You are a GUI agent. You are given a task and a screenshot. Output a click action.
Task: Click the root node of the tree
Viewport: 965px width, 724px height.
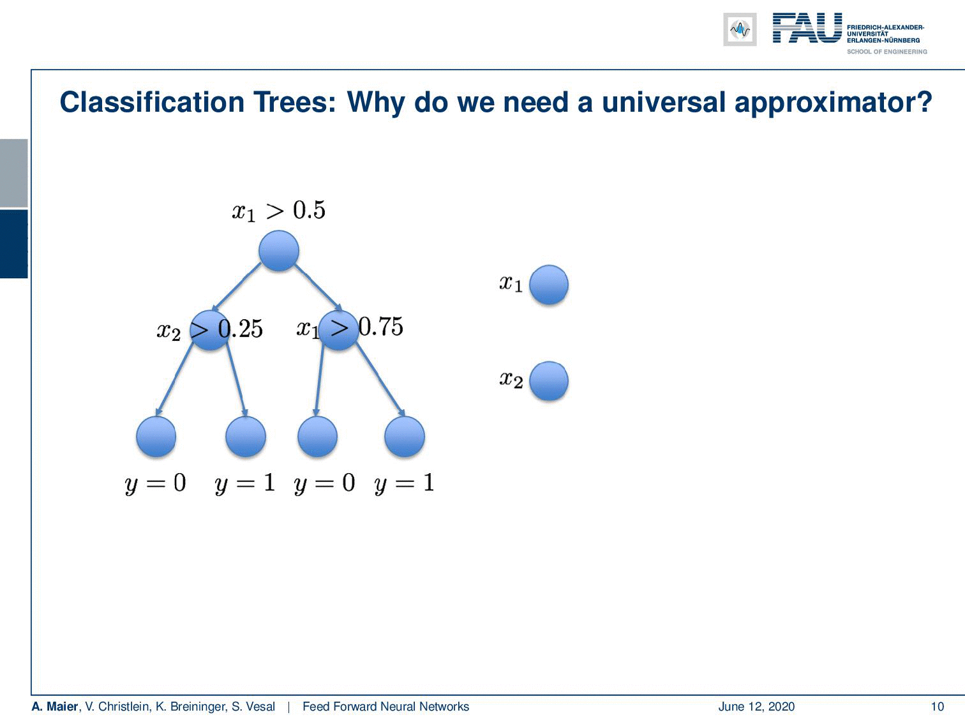[x=279, y=250]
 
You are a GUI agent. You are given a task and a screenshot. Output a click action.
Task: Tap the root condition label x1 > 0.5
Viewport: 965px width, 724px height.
[x=279, y=211]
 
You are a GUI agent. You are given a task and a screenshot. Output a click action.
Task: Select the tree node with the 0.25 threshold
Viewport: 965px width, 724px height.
[x=210, y=330]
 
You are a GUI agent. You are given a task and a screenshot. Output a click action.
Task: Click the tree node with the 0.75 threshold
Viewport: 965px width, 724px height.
[x=338, y=330]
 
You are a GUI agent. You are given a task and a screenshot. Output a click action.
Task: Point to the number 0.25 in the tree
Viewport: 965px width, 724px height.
[x=241, y=329]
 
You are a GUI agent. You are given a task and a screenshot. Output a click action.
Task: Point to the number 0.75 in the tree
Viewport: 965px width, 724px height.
[x=381, y=327]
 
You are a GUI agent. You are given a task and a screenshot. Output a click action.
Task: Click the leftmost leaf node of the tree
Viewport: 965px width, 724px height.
[x=156, y=437]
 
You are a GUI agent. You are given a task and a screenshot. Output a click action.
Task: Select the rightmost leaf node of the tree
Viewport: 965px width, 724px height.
[x=405, y=437]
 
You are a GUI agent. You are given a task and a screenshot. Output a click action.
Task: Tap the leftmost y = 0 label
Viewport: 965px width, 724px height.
[x=155, y=483]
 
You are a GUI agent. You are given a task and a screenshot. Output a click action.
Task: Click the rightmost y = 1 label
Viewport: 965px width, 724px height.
[x=405, y=483]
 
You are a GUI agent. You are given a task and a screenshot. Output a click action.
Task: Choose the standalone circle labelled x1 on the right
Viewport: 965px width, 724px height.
[x=549, y=285]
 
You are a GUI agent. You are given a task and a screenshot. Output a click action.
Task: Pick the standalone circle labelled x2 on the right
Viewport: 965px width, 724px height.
[x=549, y=381]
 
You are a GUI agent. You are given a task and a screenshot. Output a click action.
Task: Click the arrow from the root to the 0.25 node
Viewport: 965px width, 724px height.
[x=237, y=287]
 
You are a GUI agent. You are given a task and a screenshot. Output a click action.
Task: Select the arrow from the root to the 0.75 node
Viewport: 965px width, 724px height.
[x=318, y=287]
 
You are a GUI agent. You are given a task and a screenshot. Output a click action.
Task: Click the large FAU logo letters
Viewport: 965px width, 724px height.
[x=807, y=28]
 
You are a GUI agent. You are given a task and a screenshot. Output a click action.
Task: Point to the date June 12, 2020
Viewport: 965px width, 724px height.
[x=756, y=707]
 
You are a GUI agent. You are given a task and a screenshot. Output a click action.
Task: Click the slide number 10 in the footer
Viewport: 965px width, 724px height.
[x=938, y=707]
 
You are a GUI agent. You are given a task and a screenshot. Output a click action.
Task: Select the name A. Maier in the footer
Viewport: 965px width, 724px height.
[x=55, y=706]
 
